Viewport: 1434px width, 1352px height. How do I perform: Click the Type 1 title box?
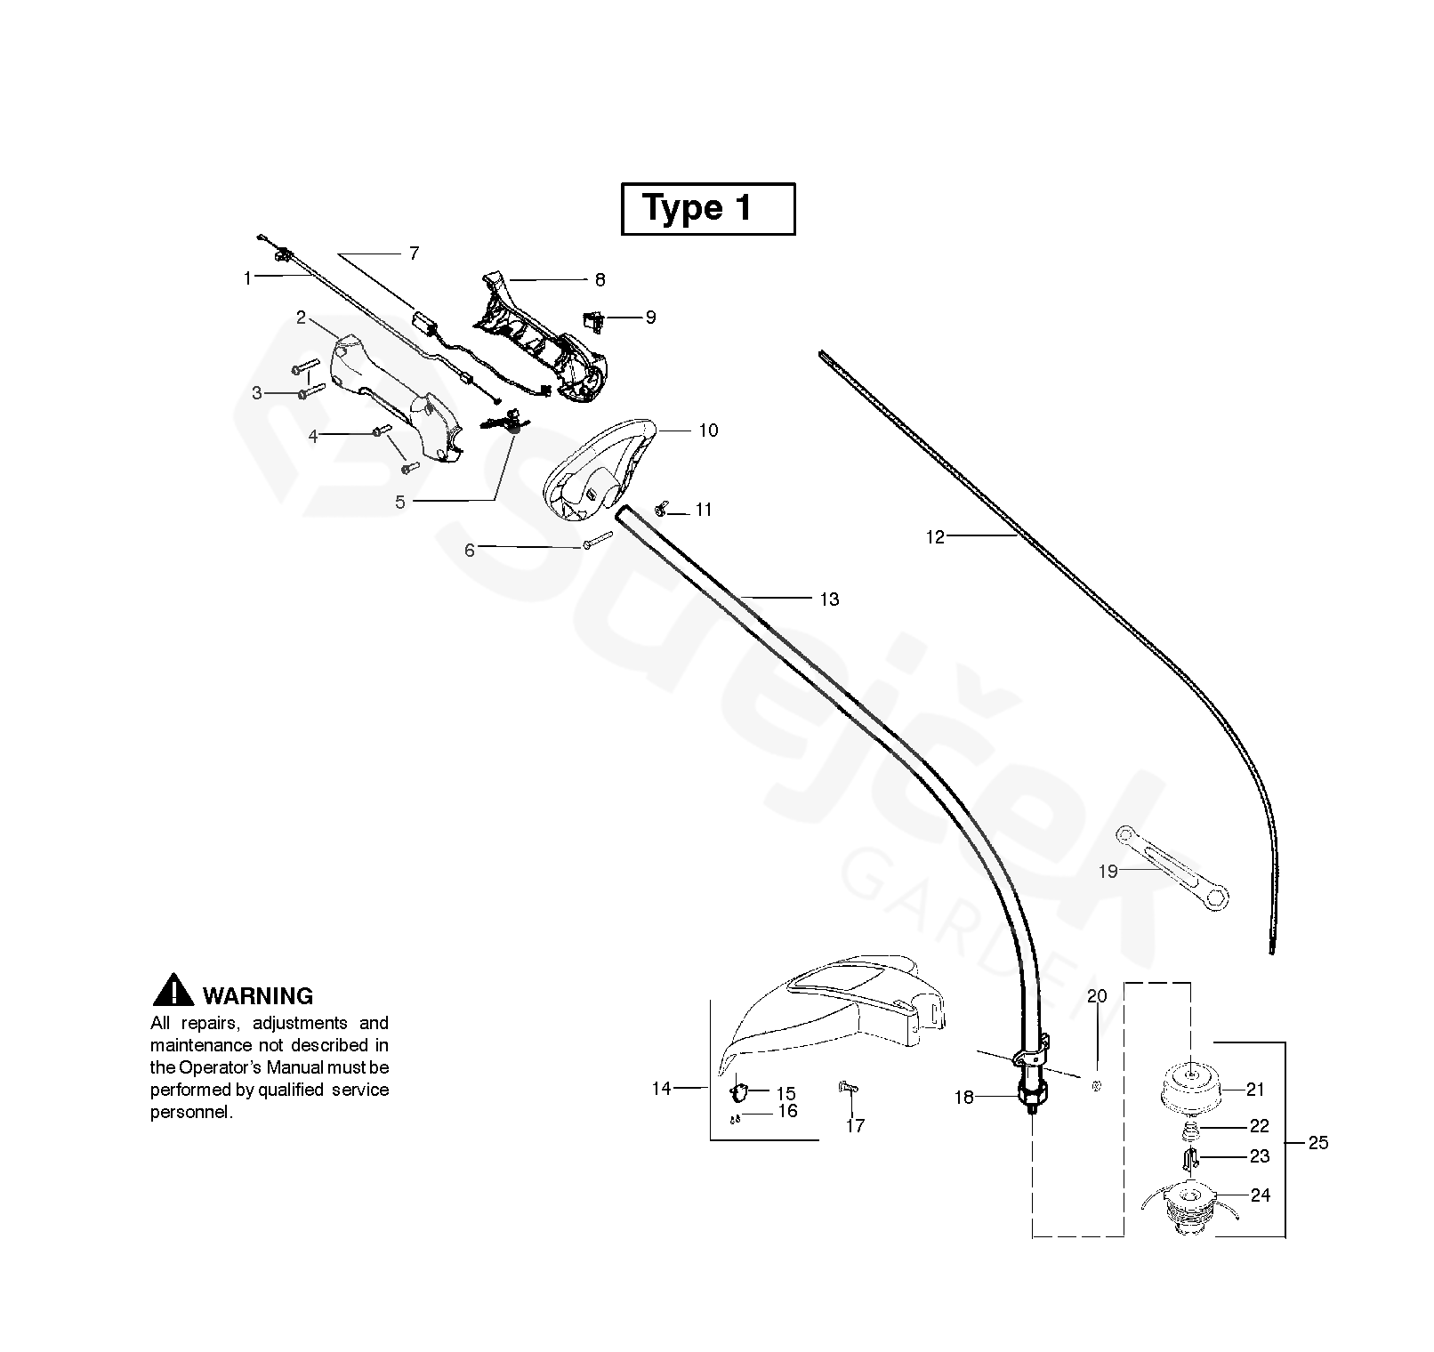pyautogui.click(x=707, y=209)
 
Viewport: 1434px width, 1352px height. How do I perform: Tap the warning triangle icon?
pyautogui.click(x=173, y=992)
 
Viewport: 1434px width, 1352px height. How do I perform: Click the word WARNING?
pyautogui.click(x=258, y=996)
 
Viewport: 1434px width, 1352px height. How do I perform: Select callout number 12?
pyautogui.click(x=935, y=537)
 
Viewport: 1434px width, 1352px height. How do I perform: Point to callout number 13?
pyautogui.click(x=829, y=600)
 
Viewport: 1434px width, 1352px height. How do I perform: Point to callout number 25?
pyautogui.click(x=1318, y=1143)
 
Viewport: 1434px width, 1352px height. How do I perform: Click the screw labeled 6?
pyautogui.click(x=599, y=540)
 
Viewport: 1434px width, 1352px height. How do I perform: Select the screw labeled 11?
pyautogui.click(x=662, y=509)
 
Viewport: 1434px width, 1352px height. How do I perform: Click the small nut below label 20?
pyautogui.click(x=1096, y=1085)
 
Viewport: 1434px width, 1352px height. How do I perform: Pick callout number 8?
pyautogui.click(x=600, y=280)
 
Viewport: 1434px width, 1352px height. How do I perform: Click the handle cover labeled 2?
pyautogui.click(x=391, y=396)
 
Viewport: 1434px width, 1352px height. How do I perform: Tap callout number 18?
pyautogui.click(x=964, y=1098)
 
